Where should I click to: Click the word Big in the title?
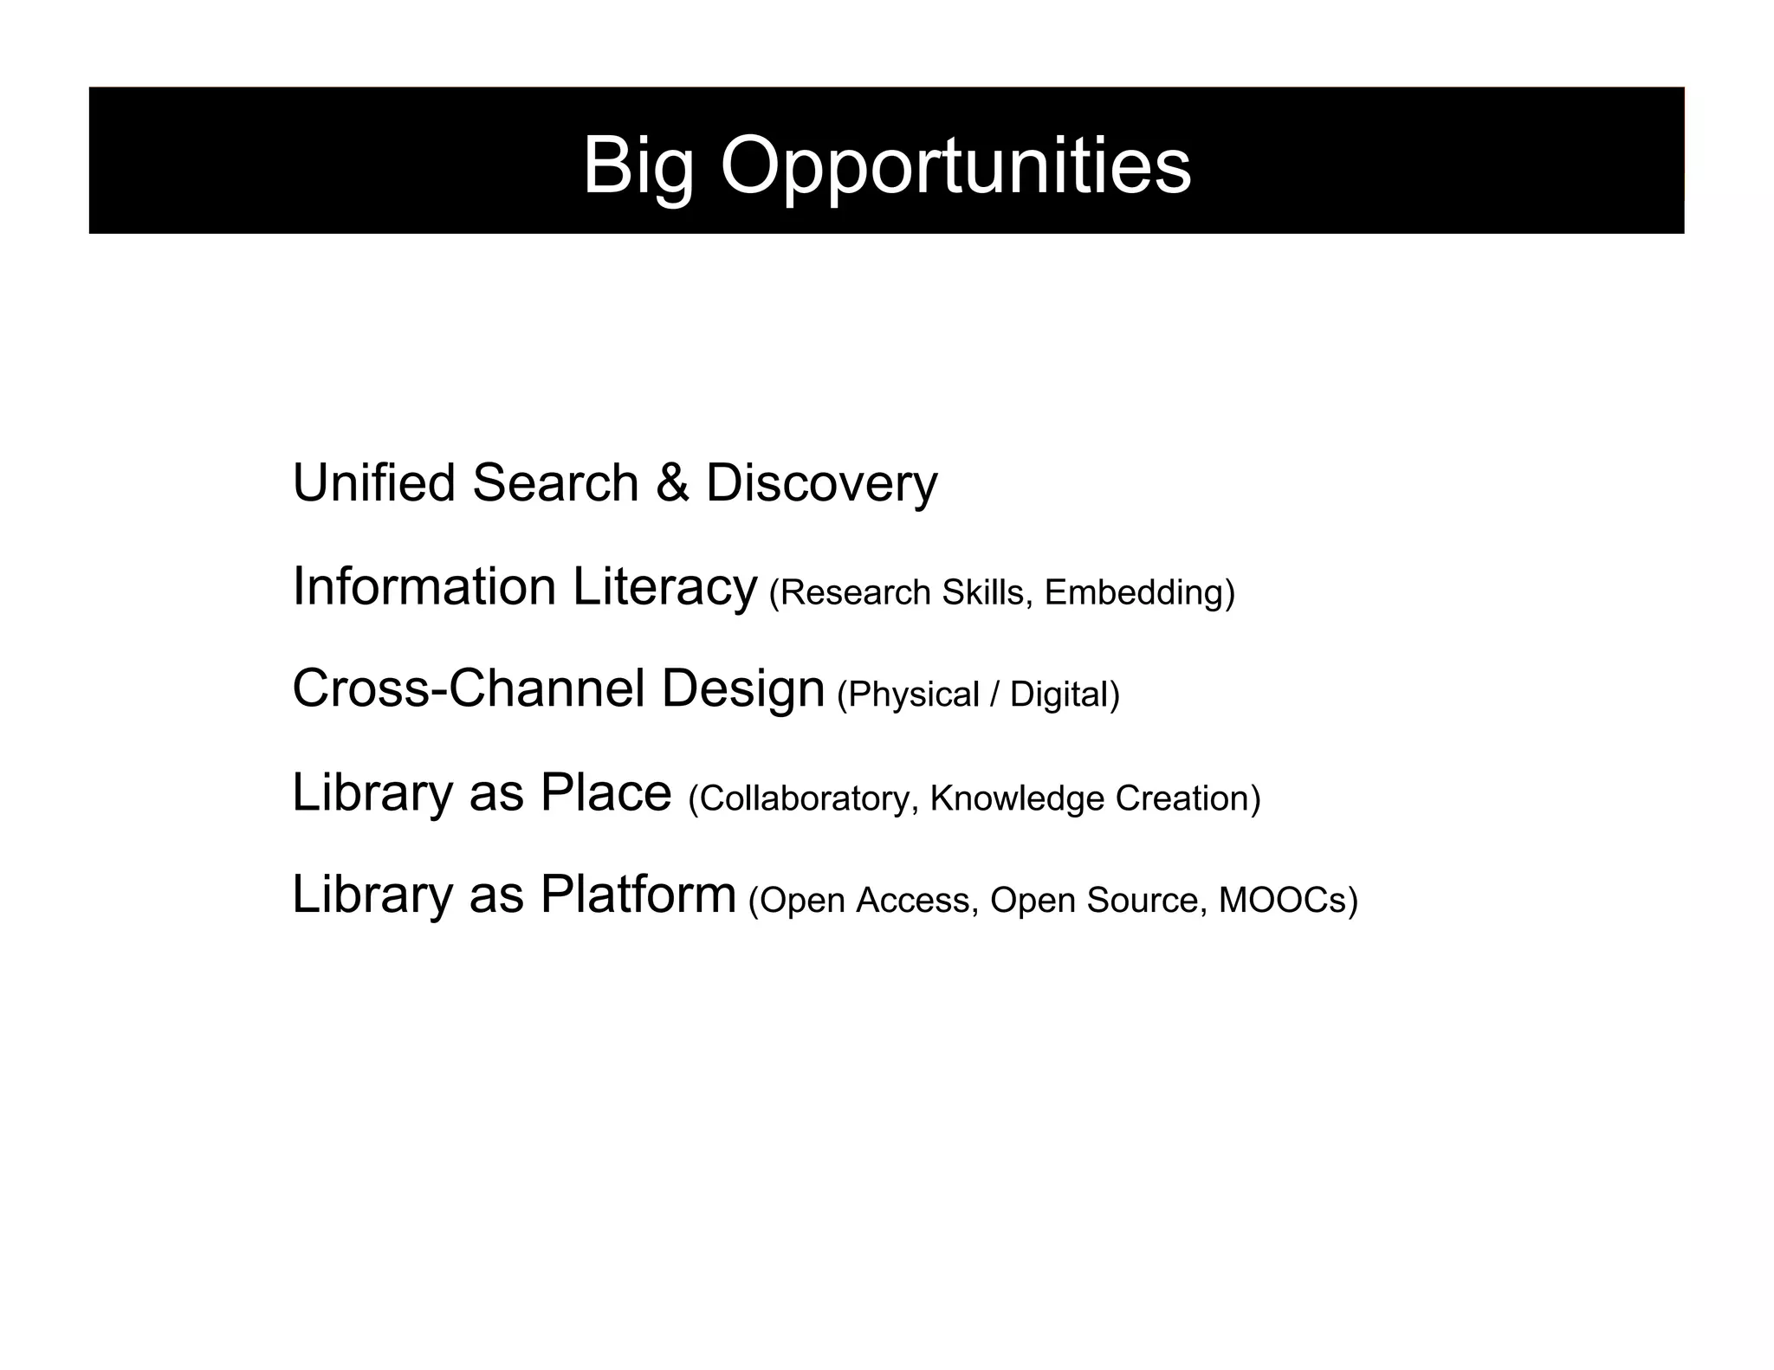(x=638, y=166)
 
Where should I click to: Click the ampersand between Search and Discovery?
(x=672, y=482)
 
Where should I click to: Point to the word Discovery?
(x=821, y=484)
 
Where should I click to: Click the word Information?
(x=424, y=586)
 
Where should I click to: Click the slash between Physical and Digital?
(x=994, y=695)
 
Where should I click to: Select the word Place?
(x=605, y=792)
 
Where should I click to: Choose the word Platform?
(x=638, y=895)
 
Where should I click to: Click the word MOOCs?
(x=1283, y=901)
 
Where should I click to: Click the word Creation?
(x=1183, y=798)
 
